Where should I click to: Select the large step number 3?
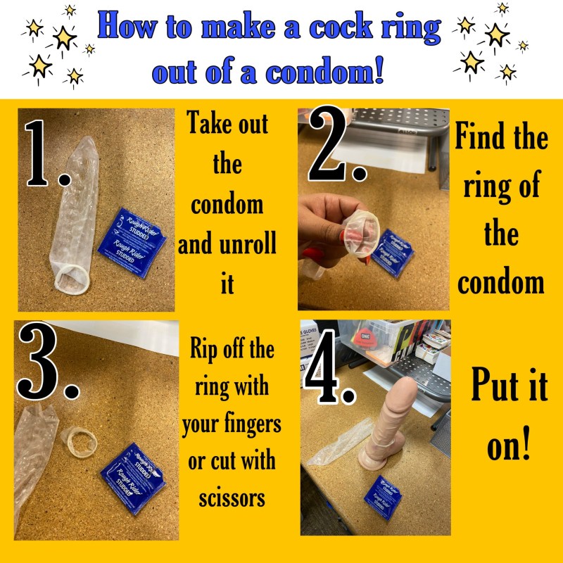pyautogui.click(x=44, y=367)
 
